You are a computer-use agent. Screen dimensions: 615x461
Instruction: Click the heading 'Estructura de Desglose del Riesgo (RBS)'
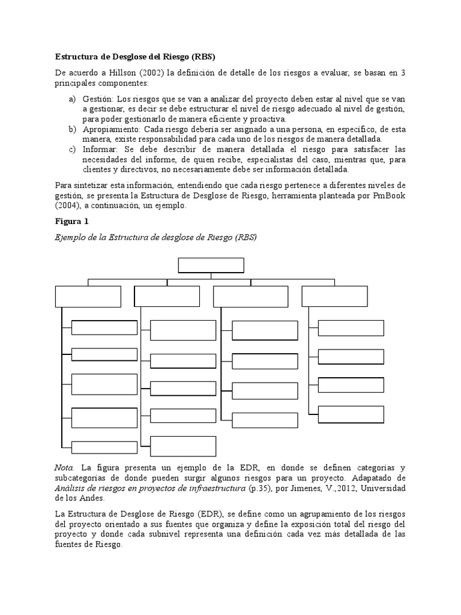pyautogui.click(x=135, y=57)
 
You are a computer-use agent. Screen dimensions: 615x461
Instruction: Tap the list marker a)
pyautogui.click(x=71, y=98)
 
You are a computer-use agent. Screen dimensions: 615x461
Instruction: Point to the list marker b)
pyautogui.click(x=71, y=129)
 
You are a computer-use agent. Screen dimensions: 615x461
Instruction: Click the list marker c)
pyautogui.click(x=71, y=150)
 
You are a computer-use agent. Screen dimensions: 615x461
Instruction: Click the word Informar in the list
pyautogui.click(x=100, y=150)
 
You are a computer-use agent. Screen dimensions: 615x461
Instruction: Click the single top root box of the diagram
pyautogui.click(x=211, y=265)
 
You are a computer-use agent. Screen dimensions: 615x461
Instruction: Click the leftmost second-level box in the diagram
pyautogui.click(x=88, y=297)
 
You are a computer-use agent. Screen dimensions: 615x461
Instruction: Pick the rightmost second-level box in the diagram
pyautogui.click(x=334, y=297)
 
